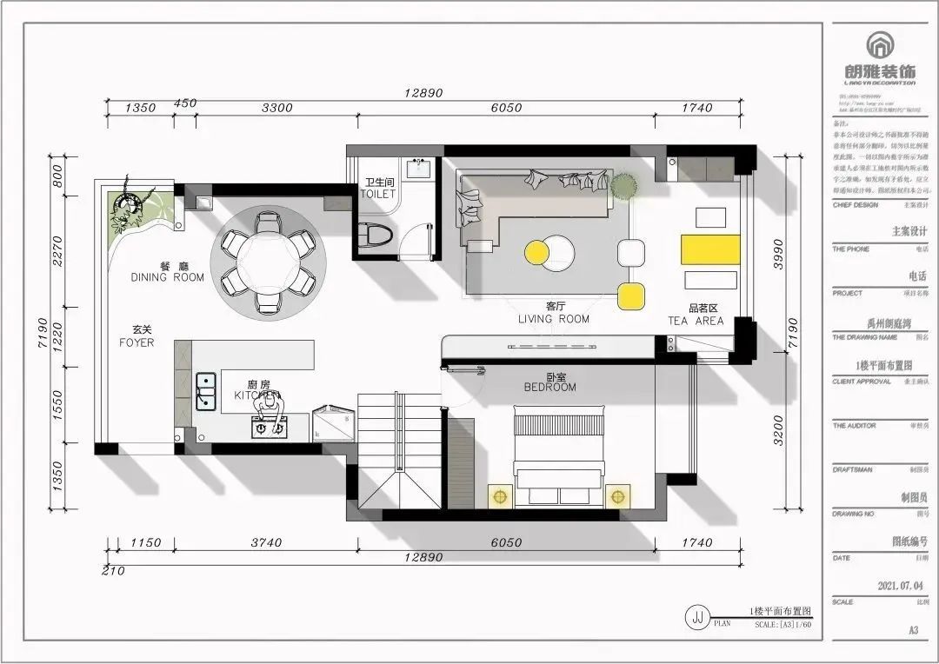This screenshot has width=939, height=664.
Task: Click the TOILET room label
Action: tap(378, 189)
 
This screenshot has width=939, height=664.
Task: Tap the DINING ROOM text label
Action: tap(168, 272)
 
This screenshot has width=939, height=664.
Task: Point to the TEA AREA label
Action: tap(696, 315)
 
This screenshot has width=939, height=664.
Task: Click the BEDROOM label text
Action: tap(549, 382)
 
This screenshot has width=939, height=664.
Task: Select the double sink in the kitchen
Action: tap(206, 391)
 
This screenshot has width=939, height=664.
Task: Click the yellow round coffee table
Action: tap(537, 252)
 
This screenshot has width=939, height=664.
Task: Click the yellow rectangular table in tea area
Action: tap(710, 247)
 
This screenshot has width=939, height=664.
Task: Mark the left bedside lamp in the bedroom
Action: tap(499, 497)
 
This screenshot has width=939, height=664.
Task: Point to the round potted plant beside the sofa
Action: tap(623, 185)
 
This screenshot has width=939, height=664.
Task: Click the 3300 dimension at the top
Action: tap(277, 109)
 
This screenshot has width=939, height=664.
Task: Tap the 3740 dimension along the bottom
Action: tap(266, 542)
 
